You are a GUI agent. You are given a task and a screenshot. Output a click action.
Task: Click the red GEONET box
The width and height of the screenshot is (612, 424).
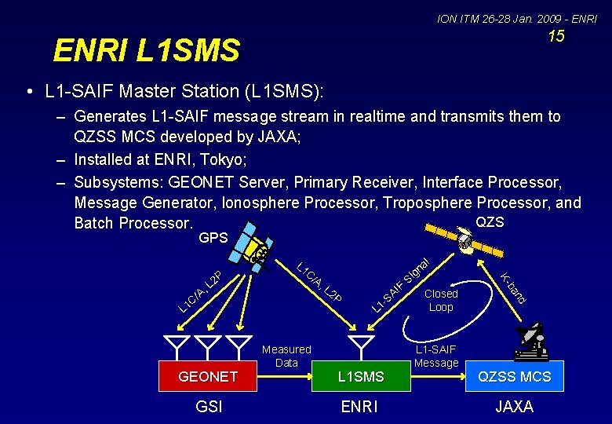click(x=209, y=377)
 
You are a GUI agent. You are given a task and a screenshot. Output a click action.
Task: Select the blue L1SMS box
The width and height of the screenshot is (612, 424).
click(x=361, y=377)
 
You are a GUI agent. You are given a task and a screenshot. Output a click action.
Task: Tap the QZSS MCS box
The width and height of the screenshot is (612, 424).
click(x=515, y=377)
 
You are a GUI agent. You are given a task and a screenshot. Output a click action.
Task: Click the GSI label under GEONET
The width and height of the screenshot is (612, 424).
click(x=209, y=407)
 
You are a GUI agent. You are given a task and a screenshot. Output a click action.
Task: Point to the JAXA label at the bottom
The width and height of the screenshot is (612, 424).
click(x=515, y=407)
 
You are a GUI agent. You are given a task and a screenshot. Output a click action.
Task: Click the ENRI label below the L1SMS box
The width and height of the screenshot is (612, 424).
click(x=359, y=407)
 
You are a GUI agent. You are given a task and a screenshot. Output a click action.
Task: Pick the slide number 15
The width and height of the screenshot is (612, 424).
click(x=556, y=36)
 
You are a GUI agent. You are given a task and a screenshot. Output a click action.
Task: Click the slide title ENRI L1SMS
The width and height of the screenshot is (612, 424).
click(x=147, y=51)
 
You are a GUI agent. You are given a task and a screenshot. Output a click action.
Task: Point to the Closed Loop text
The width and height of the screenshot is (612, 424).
click(x=441, y=300)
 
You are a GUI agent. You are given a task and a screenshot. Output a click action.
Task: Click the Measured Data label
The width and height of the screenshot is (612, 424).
click(x=286, y=356)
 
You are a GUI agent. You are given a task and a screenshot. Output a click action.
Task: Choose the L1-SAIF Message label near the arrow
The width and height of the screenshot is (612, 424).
click(x=436, y=356)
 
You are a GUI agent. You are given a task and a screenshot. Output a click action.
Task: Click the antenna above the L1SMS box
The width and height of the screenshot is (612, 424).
click(x=361, y=345)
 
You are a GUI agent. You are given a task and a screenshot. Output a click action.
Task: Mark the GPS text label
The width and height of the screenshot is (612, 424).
click(x=213, y=238)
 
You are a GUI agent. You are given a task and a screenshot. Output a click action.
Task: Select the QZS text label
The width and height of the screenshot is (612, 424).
click(x=490, y=222)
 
